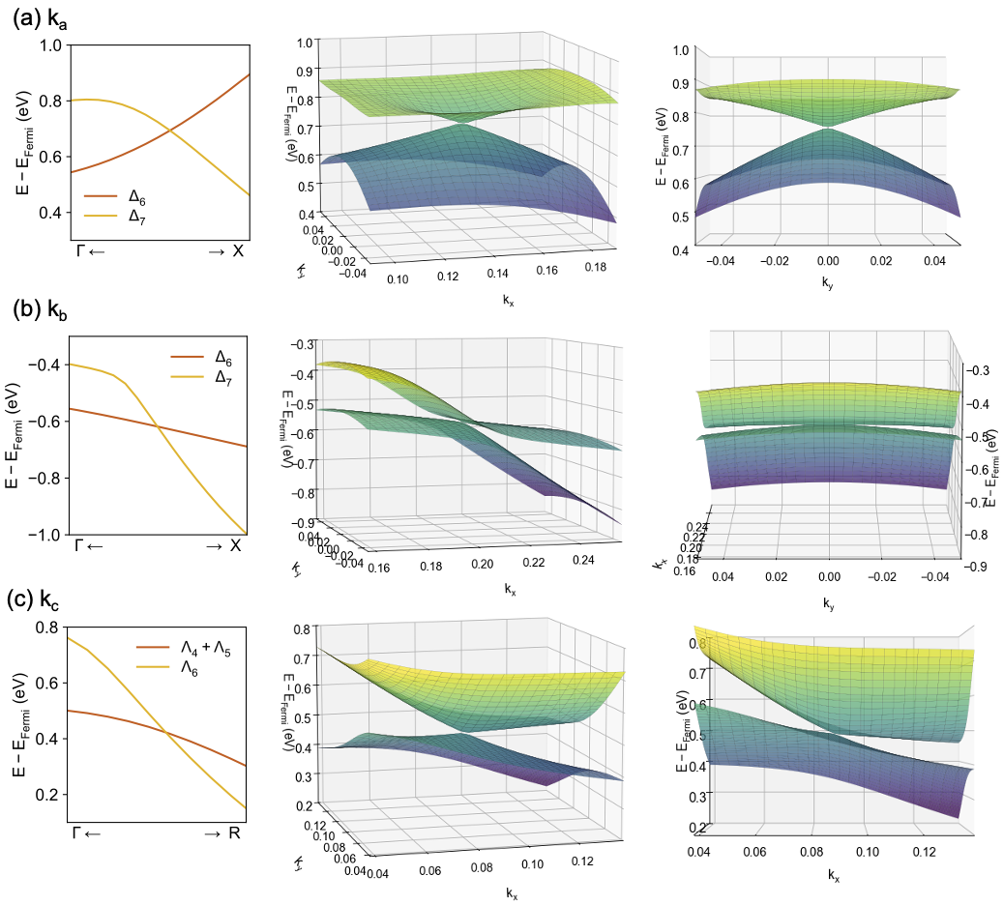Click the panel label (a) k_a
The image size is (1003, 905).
point(44,18)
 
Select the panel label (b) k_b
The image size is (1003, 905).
point(44,310)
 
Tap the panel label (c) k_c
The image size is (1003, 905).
point(44,598)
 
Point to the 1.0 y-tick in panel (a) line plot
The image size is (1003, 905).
point(51,44)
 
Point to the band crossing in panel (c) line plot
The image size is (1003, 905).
point(166,734)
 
